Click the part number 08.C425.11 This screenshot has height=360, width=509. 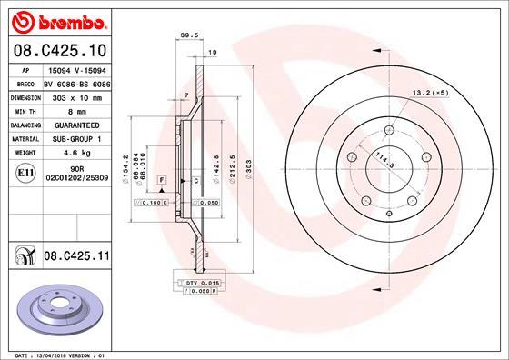(x=75, y=259)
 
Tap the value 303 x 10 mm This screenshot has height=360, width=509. (x=75, y=95)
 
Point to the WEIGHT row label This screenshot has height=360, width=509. (x=25, y=153)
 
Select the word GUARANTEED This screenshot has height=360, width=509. (x=75, y=124)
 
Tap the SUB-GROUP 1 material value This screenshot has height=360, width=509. (x=75, y=138)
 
